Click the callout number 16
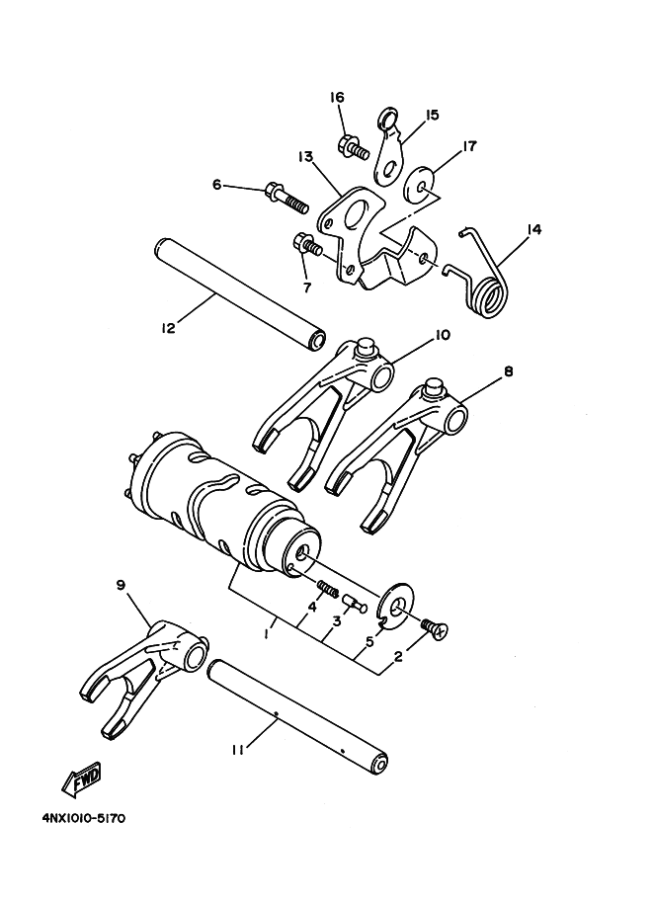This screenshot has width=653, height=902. pos(337,97)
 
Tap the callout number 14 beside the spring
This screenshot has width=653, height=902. pos(534,229)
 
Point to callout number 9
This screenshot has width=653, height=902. pos(121,586)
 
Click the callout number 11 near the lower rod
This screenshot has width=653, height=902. pos(237,751)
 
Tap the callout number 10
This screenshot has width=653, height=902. pos(442,335)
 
